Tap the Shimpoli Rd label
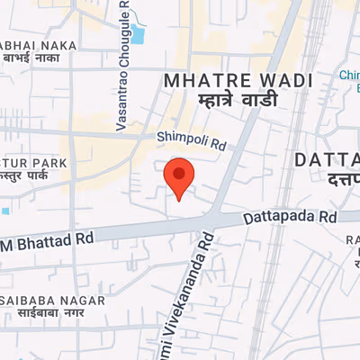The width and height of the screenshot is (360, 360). [x=191, y=139]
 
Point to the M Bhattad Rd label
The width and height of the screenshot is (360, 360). [x=47, y=241]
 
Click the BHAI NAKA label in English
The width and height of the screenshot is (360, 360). [x=38, y=45]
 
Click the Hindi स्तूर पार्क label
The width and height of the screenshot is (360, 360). [x=25, y=177]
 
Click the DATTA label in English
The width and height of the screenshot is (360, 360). [x=327, y=161]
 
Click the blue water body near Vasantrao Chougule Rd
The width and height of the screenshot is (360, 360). [x=137, y=35]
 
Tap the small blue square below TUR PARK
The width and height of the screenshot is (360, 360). [x=4, y=211]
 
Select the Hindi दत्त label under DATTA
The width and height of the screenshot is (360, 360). [x=342, y=180]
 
